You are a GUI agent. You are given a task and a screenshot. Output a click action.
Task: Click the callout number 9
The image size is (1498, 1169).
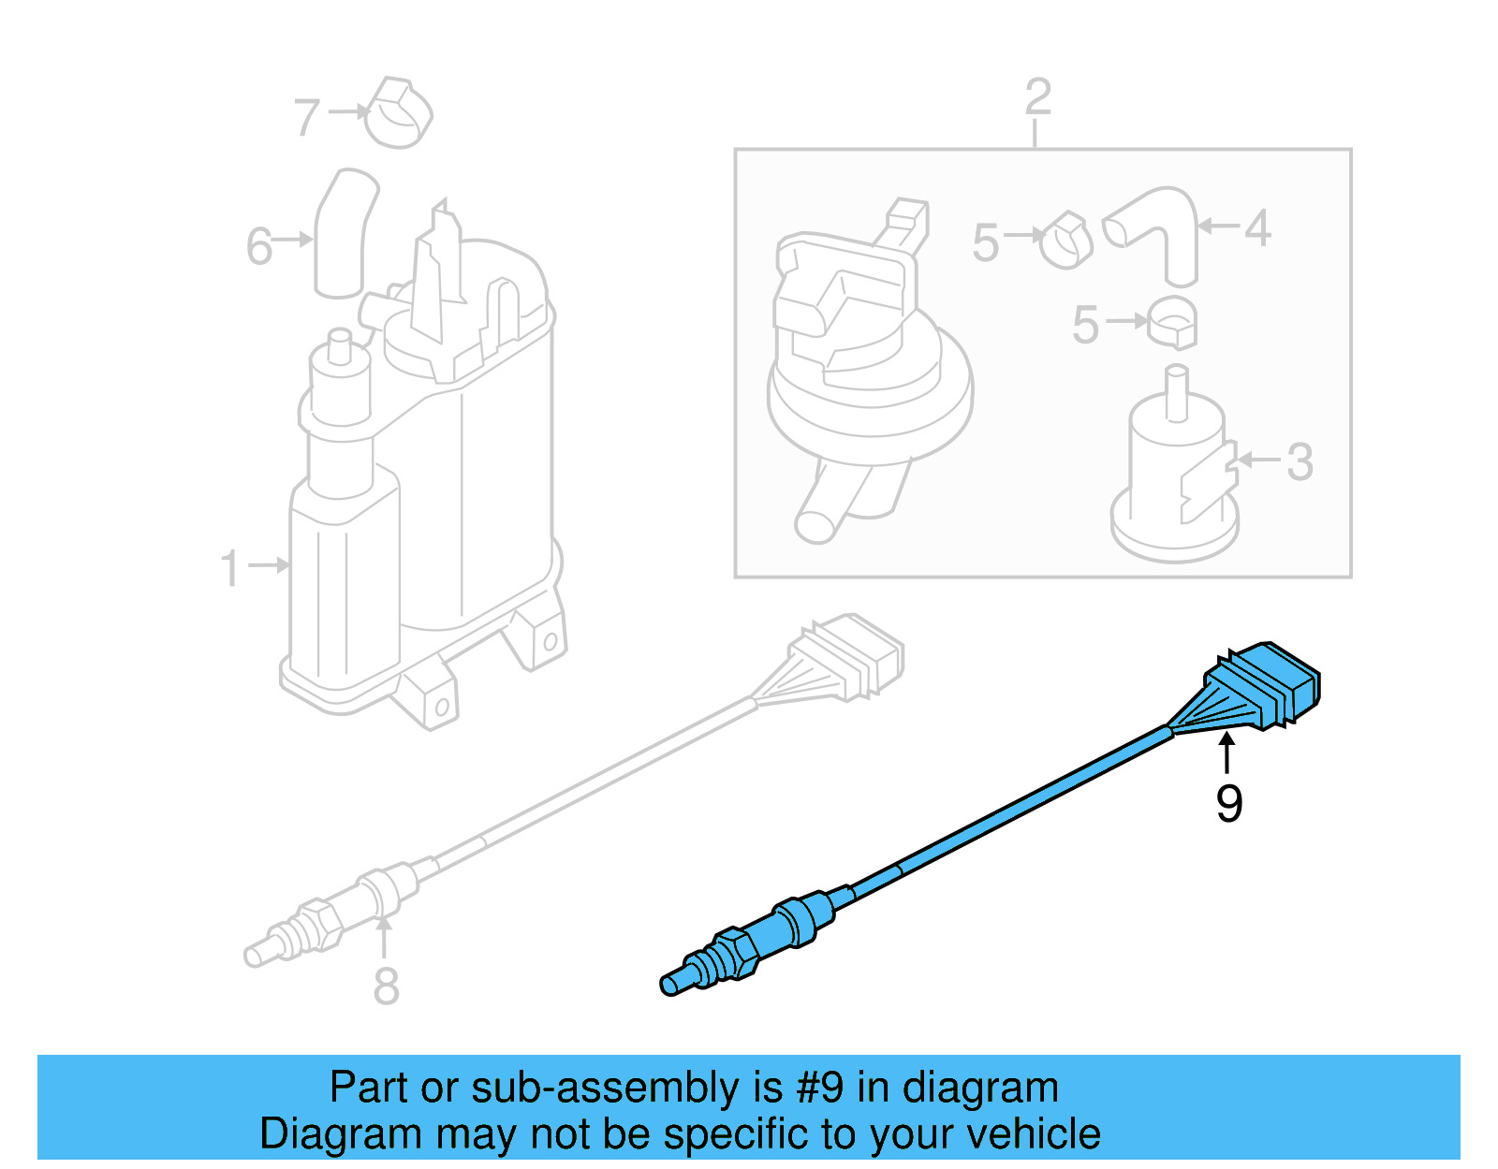point(1228,803)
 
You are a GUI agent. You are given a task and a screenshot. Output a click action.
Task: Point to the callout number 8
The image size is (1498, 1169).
point(386,986)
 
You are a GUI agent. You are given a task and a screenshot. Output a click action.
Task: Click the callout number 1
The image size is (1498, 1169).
point(230,568)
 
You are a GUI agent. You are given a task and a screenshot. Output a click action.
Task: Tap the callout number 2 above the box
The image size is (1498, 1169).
point(1037,97)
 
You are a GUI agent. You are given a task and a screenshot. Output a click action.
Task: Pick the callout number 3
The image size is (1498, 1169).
point(1300,461)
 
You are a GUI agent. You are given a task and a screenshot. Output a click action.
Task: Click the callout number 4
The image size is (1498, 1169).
point(1257,228)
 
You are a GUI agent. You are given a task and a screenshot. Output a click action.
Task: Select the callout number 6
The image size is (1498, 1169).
point(259,247)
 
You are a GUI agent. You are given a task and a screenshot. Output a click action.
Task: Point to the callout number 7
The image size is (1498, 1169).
point(307,118)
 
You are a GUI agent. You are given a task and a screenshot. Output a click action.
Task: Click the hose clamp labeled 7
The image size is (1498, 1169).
point(397,113)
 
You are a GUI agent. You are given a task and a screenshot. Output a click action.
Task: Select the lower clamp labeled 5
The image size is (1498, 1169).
point(1172,323)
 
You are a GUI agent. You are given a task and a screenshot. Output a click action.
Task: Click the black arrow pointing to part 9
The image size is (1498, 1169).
point(1226,753)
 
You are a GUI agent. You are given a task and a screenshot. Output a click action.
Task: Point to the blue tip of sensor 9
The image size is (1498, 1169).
point(670,984)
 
